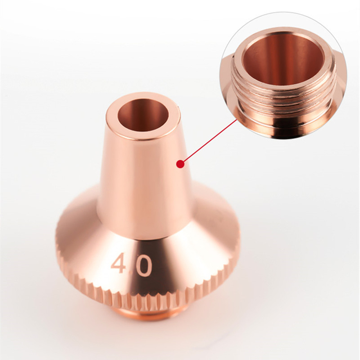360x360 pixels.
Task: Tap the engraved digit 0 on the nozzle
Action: (x=143, y=264)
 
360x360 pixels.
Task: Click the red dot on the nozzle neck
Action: (x=180, y=164)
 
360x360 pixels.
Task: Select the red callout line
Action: (x=208, y=141)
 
